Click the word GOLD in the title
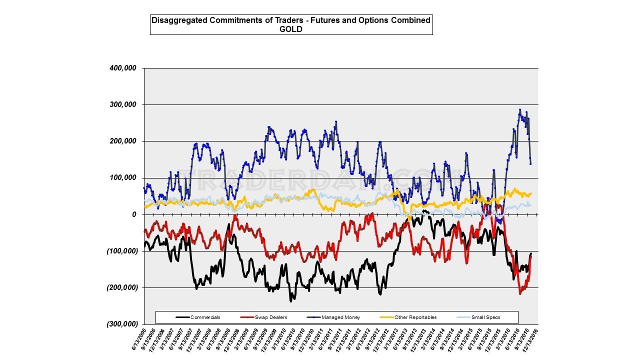[x=291, y=29]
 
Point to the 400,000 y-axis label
[x=122, y=68]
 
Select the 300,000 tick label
[x=122, y=105]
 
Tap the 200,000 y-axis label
[x=122, y=141]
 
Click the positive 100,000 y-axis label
[x=122, y=178]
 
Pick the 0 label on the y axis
[x=133, y=214]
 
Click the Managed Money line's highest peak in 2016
[x=520, y=109]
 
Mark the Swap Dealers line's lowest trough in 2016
[x=520, y=293]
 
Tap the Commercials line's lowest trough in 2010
[x=291, y=301]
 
